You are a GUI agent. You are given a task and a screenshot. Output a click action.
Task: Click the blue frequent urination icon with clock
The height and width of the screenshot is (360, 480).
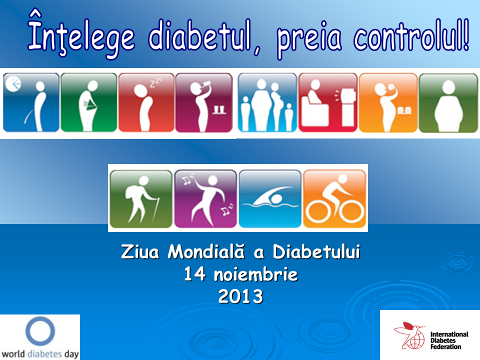tap(31, 103)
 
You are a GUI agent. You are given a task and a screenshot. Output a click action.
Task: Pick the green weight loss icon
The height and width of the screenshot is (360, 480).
tap(89, 103)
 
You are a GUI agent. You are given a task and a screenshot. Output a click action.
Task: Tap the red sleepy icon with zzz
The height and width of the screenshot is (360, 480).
tap(146, 103)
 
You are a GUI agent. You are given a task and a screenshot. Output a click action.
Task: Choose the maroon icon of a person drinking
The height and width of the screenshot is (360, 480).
tap(204, 103)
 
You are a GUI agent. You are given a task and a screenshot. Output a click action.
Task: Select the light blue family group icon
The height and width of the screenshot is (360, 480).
tap(267, 103)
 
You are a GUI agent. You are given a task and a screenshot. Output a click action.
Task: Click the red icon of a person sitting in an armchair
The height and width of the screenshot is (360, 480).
tap(327, 103)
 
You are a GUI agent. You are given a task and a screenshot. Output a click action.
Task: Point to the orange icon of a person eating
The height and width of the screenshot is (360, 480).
tap(388, 103)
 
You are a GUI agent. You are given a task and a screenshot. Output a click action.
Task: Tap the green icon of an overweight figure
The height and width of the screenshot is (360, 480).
tap(448, 103)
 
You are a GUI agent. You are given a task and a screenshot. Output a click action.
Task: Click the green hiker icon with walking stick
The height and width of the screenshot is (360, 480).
tap(140, 198)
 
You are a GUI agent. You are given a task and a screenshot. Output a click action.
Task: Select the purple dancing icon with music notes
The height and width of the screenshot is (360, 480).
tap(205, 198)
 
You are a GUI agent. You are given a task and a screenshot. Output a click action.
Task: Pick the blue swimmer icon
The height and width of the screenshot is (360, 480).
tap(270, 198)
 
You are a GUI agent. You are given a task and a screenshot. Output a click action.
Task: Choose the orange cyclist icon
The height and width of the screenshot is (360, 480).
tap(334, 198)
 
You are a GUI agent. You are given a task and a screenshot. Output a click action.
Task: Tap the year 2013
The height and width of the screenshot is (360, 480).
tap(240, 296)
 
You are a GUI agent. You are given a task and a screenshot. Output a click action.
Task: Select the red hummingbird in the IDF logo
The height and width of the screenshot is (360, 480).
tap(406, 331)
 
